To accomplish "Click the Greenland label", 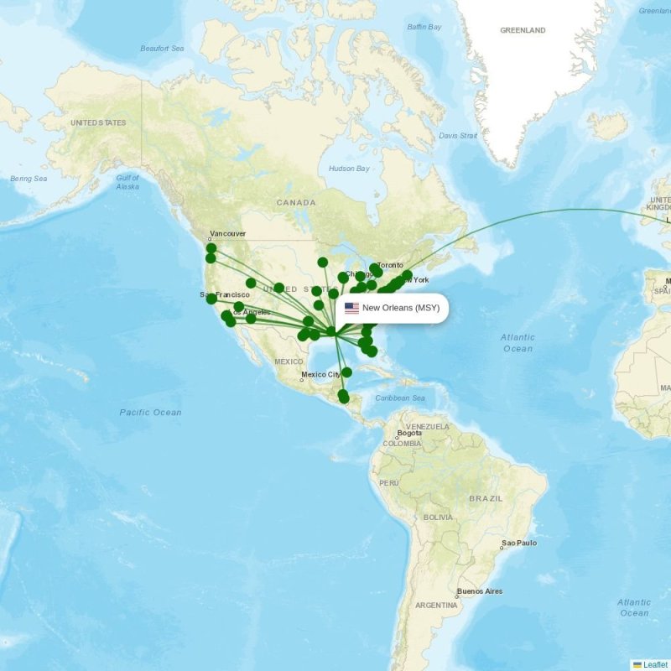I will point(523,30).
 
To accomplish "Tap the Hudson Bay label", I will point(348,169).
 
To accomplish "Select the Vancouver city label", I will point(227,233).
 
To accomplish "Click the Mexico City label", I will point(321,374).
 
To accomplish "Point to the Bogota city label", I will point(409,433).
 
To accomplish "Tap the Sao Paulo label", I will point(519,544).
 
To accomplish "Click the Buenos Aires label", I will point(480,591).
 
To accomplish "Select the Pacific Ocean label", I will point(150,412).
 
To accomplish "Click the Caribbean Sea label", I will point(401,398).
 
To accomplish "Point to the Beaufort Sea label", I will point(163,49).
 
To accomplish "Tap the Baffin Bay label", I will point(424,27).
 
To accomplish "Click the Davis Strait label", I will point(458,135).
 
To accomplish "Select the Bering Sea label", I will point(29,179).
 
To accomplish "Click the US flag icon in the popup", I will point(351,308).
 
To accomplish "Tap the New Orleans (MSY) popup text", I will point(401,308).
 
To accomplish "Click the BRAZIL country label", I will point(486,498).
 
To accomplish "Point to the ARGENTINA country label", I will point(436,605).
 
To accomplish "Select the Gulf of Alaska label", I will point(127,182).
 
